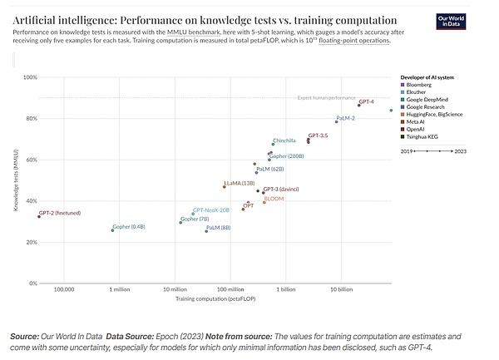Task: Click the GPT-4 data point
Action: tap(358, 106)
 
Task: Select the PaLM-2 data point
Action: tap(337, 122)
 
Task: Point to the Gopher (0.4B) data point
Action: tap(112, 229)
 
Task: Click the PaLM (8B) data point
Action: tap(206, 231)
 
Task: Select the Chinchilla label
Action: tap(284, 141)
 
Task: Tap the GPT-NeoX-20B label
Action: tap(211, 210)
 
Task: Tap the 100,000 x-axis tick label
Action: tap(64, 289)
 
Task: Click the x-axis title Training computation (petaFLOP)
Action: tap(215, 298)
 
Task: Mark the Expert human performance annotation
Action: tap(326, 98)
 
